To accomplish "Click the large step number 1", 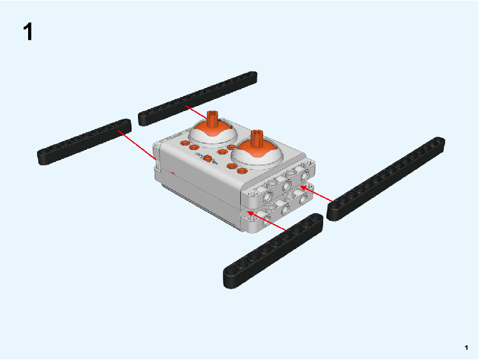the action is [28, 32].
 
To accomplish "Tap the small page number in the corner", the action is [466, 347].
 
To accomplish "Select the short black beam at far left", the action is [84, 142].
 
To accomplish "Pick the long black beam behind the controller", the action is [197, 98].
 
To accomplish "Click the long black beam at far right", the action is [386, 179].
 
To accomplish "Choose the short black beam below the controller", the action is [273, 251].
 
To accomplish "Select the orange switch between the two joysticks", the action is [207, 158].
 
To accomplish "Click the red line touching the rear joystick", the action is [196, 112].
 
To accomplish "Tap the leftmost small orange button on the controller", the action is [185, 143].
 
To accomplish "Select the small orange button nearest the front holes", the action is [242, 171].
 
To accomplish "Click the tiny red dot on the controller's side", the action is [173, 174].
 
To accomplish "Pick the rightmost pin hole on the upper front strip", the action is [305, 176].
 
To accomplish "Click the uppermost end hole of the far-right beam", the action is [439, 141].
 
